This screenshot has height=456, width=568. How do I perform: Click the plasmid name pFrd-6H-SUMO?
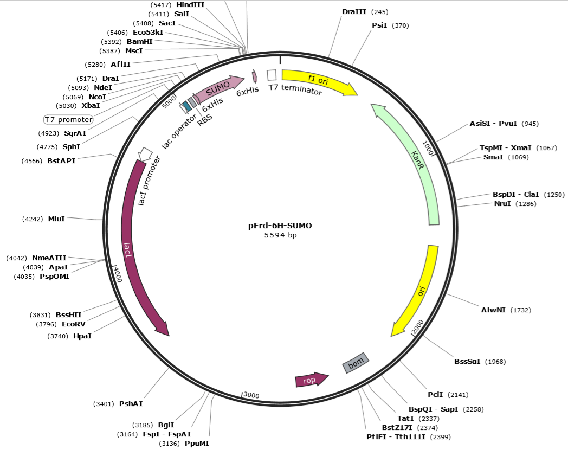(280, 226)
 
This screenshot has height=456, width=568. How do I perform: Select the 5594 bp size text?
(280, 235)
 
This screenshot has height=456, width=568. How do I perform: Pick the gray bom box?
(356, 363)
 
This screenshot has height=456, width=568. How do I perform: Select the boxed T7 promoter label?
(68, 119)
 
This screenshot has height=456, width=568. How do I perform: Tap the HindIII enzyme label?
(191, 4)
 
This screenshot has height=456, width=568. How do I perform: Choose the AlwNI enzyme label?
(493, 310)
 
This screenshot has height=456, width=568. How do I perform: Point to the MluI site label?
(56, 219)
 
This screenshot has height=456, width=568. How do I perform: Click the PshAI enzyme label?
(131, 403)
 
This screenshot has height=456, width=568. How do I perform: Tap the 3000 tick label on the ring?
(251, 395)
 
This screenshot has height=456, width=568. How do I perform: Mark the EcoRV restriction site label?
(73, 324)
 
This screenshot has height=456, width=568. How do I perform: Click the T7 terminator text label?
(295, 91)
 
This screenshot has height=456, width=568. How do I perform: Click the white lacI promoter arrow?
(144, 153)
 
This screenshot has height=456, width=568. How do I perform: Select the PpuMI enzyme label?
(197, 444)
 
